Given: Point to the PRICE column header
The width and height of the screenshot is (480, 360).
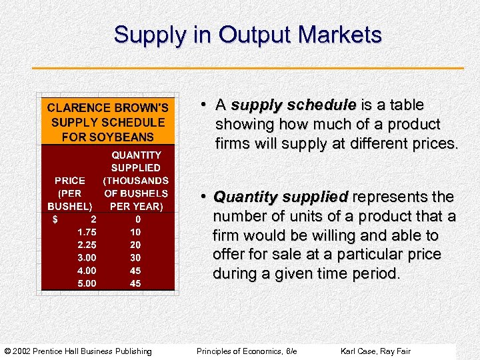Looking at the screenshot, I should pyautogui.click(x=70, y=181).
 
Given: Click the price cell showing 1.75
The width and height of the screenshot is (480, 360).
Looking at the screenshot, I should pyautogui.click(x=87, y=232).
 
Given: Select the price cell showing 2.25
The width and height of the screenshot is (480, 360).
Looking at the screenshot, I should pyautogui.click(x=87, y=245).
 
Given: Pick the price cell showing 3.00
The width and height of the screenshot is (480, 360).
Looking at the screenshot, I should pyautogui.click(x=87, y=257).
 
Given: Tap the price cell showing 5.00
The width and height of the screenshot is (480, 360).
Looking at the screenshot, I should pyautogui.click(x=87, y=283).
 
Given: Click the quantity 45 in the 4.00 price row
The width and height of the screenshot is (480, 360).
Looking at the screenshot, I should pyautogui.click(x=135, y=271).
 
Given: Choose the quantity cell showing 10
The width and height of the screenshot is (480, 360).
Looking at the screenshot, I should pyautogui.click(x=135, y=232).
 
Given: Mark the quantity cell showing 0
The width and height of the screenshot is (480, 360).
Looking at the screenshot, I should pyautogui.click(x=137, y=219).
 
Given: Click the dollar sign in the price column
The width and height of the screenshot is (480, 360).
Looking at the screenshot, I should pyautogui.click(x=55, y=219).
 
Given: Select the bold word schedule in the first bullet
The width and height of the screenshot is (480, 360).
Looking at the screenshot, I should pyautogui.click(x=327, y=105).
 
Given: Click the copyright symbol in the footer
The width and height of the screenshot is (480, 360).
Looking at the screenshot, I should pyautogui.click(x=8, y=351).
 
